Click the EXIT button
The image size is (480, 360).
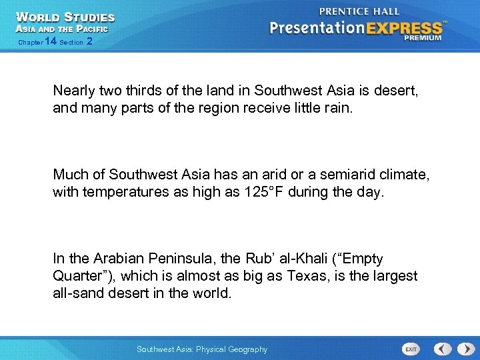click(411, 349)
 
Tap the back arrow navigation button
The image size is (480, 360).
click(443, 349)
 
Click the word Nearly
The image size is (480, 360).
click(75, 90)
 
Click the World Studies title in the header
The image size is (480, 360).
click(65, 17)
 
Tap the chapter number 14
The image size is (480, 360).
click(50, 42)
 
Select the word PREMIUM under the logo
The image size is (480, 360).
click(422, 38)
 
